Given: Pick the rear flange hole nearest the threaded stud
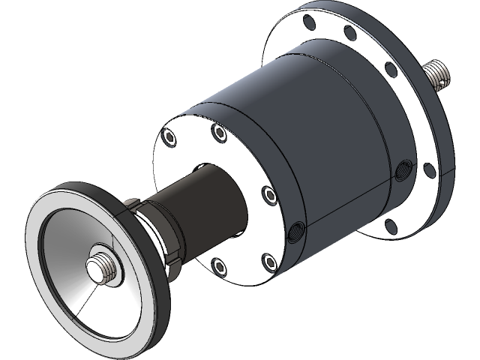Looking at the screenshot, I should (390, 69).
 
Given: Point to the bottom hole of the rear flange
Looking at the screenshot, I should (392, 224).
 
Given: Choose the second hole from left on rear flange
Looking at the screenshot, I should (349, 34).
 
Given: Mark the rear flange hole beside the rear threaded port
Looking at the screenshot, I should (430, 169).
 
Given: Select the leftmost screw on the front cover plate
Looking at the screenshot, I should (169, 137).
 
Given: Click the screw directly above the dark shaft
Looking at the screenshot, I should (219, 133).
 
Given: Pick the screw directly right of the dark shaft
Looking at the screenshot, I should (268, 194).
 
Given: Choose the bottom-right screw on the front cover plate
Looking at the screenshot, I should (269, 260).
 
